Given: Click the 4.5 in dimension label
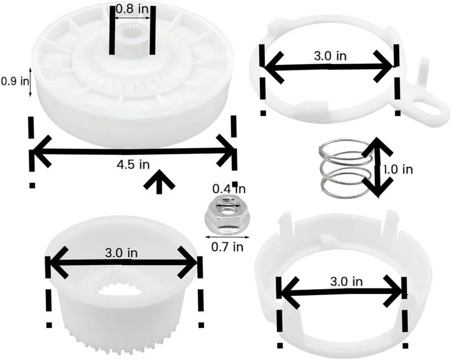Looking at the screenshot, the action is pyautogui.click(x=133, y=165).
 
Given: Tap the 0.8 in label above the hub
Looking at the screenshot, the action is pyautogui.click(x=132, y=9).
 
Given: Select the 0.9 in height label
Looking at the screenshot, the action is pyautogui.click(x=15, y=81).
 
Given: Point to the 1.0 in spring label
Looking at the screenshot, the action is pyautogui.click(x=398, y=170).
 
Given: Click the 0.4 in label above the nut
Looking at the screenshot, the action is pyautogui.click(x=229, y=189).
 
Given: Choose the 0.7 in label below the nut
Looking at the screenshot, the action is pyautogui.click(x=227, y=247).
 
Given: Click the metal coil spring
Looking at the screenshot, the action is pyautogui.click(x=345, y=169).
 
